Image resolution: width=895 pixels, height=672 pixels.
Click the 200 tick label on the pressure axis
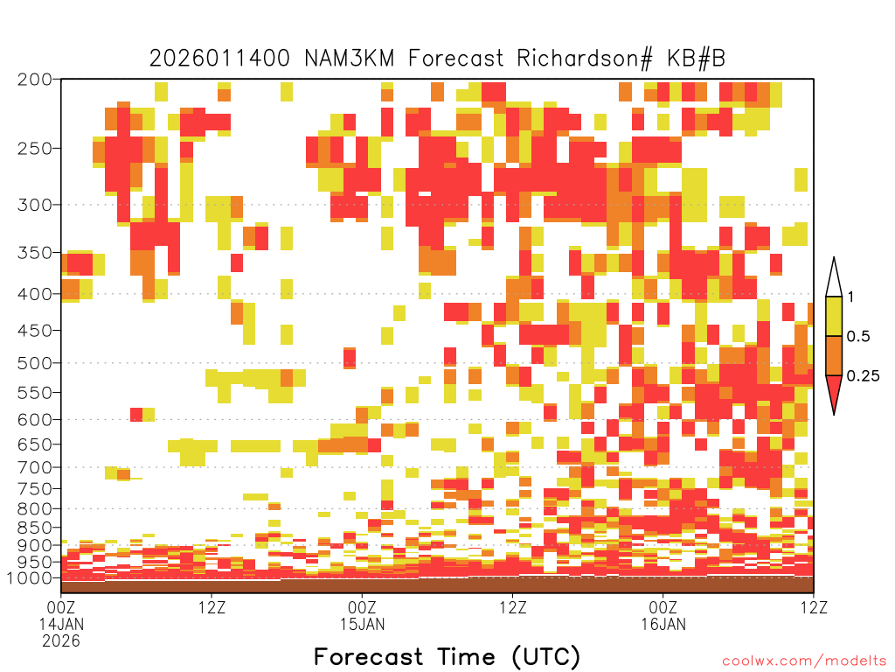click(35, 80)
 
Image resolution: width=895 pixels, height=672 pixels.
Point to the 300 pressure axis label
click(35, 205)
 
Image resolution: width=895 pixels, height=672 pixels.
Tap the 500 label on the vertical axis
click(35, 363)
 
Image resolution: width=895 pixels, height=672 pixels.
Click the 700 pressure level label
click(35, 467)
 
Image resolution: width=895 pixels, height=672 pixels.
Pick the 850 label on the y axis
click(35, 528)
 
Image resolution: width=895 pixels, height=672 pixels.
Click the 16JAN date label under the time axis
click(663, 624)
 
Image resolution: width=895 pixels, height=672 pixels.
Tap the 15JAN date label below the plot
click(363, 624)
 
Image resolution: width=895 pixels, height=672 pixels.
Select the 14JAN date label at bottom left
click(61, 624)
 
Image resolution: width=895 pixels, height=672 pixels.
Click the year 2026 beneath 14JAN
click(61, 641)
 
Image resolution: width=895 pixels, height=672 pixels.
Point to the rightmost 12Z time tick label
click(814, 607)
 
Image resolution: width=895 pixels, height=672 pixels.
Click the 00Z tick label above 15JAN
click(363, 607)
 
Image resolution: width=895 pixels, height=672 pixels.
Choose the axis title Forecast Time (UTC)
click(447, 657)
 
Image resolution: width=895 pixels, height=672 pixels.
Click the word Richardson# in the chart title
click(585, 59)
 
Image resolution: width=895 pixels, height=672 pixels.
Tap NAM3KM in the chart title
click(350, 59)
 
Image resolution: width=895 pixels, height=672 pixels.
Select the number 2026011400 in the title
click(219, 59)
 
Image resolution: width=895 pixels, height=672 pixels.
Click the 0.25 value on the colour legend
click(863, 376)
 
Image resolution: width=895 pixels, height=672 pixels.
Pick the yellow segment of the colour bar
click(834, 316)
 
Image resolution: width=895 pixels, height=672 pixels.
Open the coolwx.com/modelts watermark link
click(804, 661)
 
